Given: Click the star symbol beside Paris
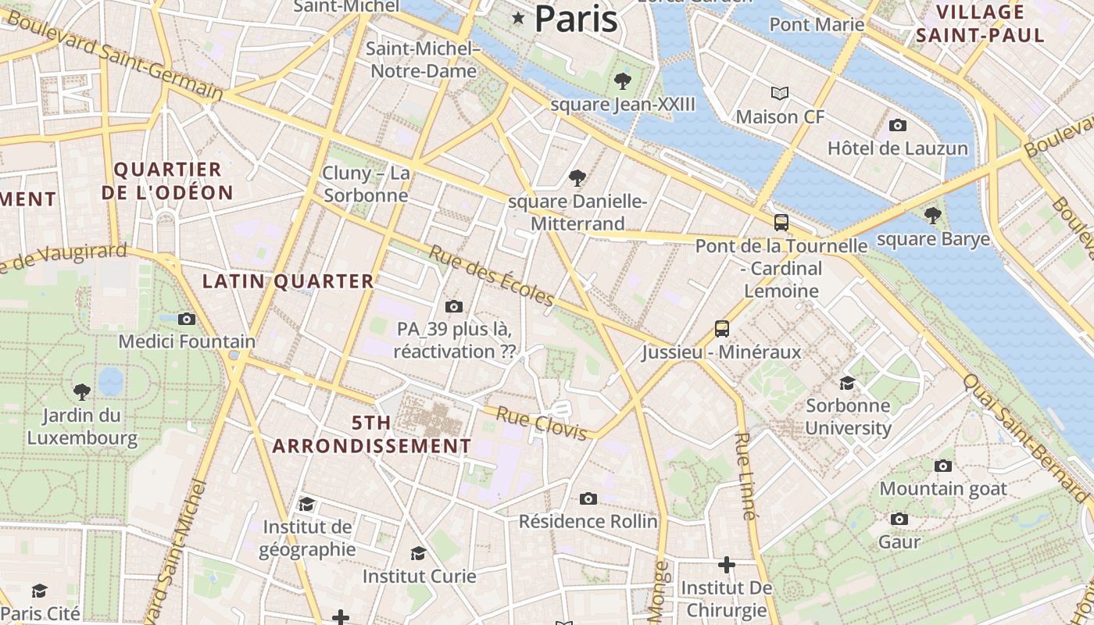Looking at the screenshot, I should point(517,18).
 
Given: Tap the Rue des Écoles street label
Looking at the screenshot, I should point(492,276).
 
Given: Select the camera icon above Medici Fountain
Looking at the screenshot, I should point(186,319).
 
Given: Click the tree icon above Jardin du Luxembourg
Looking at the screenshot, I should point(81,391).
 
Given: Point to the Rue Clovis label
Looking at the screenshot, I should point(541,423).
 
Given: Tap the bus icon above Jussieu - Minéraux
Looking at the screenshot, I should point(722,329).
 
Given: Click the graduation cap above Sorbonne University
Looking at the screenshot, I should point(847,383).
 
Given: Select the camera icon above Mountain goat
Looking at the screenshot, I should point(943,466).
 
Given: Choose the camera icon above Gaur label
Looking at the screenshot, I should point(899,519).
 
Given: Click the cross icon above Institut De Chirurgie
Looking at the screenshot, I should point(727,564).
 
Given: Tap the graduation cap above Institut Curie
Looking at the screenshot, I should point(418,553).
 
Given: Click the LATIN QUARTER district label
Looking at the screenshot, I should point(288,281).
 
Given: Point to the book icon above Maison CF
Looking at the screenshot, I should point(779,94).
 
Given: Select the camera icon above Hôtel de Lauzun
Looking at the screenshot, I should point(898,125).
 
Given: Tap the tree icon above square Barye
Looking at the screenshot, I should point(931,215).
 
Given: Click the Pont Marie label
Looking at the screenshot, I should point(817,24).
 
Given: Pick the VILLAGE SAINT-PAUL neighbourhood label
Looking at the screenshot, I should point(980,23).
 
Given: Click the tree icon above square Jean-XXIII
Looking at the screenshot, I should point(623,80).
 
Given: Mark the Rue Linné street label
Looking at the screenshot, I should point(745,476).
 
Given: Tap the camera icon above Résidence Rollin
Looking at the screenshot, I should point(588,498).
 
